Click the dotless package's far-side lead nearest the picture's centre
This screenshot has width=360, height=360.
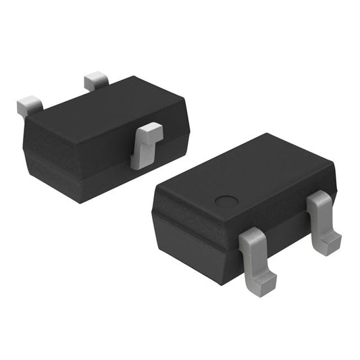(x=96, y=82)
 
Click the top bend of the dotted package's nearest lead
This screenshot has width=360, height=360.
(x=251, y=236)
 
